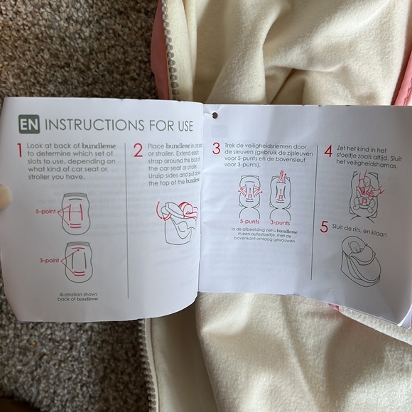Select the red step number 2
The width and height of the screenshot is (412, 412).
pos(139,151)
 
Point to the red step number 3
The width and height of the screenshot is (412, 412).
pos(216,147)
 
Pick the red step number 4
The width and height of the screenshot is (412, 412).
pos(327,152)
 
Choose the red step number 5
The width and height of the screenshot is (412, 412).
pos(324,227)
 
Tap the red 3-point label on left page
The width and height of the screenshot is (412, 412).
pos(49,261)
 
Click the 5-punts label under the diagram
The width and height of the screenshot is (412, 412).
pos(246,221)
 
